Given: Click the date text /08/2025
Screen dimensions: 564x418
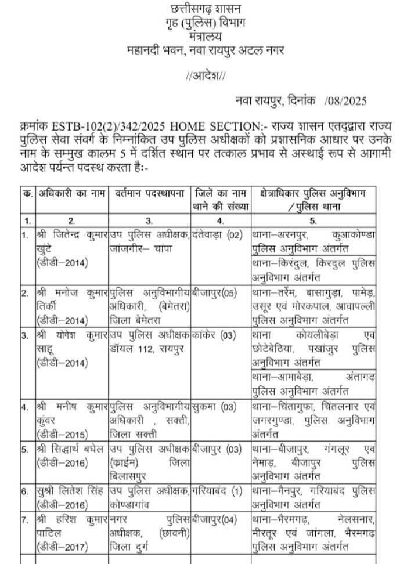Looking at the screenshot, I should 346,102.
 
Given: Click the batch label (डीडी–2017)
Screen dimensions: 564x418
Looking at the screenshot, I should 62,543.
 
